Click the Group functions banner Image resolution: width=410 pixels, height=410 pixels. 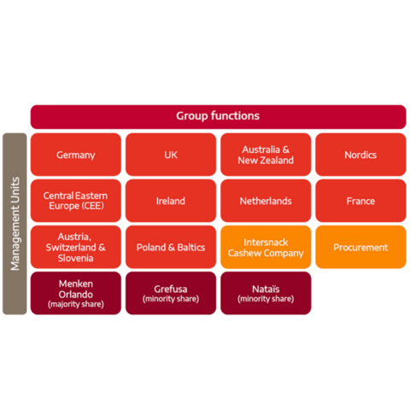coord(218,117)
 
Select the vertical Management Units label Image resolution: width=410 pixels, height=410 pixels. coord(15,224)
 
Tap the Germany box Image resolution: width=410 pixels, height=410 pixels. coord(76,155)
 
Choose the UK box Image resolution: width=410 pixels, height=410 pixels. coord(171,155)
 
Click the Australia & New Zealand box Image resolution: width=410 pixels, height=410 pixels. coord(266,155)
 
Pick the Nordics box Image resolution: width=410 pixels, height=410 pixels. coord(360,155)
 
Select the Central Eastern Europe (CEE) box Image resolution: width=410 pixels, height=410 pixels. coord(76,201)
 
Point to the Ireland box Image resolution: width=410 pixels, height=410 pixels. coord(171,201)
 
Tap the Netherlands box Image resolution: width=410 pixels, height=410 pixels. coord(266,201)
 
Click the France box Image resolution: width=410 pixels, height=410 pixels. coord(360,201)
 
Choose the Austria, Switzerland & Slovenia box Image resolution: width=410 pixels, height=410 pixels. coord(76,247)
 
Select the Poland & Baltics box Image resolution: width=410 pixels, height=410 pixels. coord(171,247)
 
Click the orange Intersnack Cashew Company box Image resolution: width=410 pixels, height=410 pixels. coord(266,247)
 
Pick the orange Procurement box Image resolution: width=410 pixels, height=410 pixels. coord(360,247)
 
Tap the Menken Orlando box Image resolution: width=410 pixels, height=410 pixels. coord(76,293)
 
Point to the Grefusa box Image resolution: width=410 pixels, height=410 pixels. coord(171,293)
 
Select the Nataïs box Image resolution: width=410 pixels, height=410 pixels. coord(266,293)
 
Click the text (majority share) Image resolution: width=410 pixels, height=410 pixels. coord(76,304)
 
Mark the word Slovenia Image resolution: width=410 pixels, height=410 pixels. coord(75,258)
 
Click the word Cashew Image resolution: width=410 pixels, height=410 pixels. coord(244,253)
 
